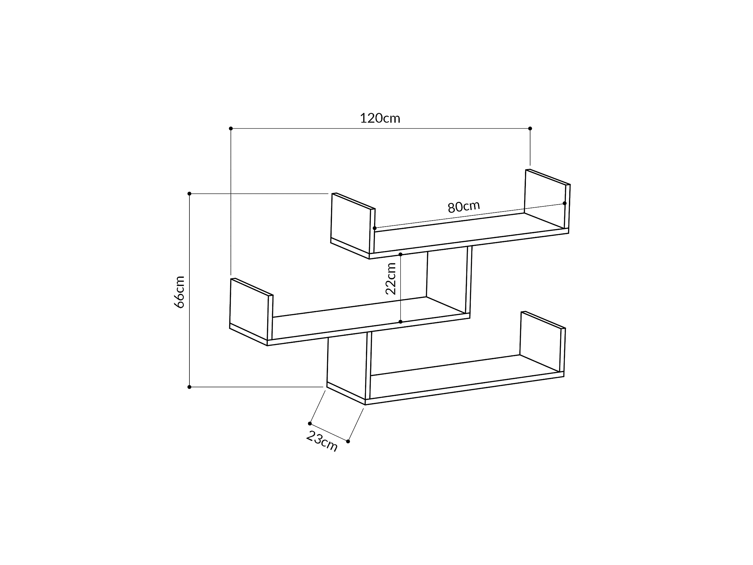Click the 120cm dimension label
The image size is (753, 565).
pyautogui.click(x=380, y=118)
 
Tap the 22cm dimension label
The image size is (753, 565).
pyautogui.click(x=391, y=279)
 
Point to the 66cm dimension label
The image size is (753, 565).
pyautogui.click(x=179, y=292)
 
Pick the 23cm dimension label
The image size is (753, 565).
pyautogui.click(x=322, y=441)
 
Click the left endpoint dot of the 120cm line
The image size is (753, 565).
pyautogui.click(x=231, y=128)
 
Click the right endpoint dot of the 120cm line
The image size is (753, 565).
pyautogui.click(x=530, y=128)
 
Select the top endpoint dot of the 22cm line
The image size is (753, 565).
pyautogui.click(x=400, y=254)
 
